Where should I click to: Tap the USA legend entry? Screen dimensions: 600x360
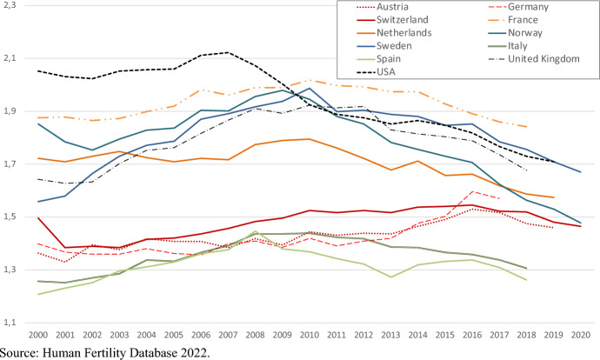pyautogui.click(x=376, y=72)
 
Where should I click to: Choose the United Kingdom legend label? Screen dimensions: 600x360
pyautogui.click(x=543, y=59)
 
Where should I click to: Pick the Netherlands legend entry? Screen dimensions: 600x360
pyautogui.click(x=394, y=33)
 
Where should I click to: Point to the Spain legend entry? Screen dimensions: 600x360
pyautogui.click(x=379, y=59)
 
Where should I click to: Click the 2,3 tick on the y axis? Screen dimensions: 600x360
pyautogui.click(x=10, y=5)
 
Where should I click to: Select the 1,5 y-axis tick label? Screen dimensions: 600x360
pyautogui.click(x=10, y=217)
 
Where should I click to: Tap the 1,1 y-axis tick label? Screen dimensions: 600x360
pyautogui.click(x=10, y=323)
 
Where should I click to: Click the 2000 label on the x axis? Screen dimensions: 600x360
pyautogui.click(x=38, y=335)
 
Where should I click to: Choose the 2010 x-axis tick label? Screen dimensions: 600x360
pyautogui.click(x=310, y=335)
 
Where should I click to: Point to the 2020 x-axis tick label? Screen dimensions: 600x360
pyautogui.click(x=581, y=335)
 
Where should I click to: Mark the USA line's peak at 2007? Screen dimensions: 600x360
pyautogui.click(x=228, y=52)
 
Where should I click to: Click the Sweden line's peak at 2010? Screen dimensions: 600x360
pyautogui.click(x=310, y=89)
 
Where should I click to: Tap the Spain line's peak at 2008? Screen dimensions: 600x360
pyautogui.click(x=255, y=231)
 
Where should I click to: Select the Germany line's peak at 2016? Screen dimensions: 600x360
pyautogui.click(x=472, y=191)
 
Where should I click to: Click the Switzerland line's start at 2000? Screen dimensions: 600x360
pyautogui.click(x=38, y=218)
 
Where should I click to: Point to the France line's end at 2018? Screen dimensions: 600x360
pyautogui.click(x=527, y=127)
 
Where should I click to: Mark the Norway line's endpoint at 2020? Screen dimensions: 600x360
pyautogui.click(x=581, y=223)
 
